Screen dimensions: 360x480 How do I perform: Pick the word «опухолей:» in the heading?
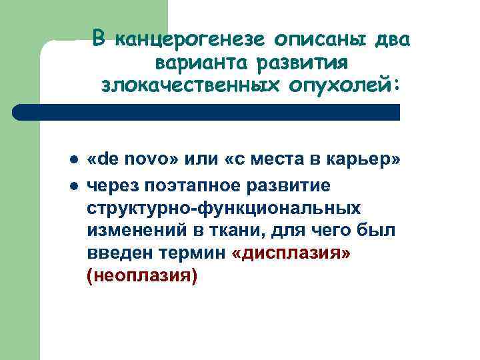click(x=337, y=85)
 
